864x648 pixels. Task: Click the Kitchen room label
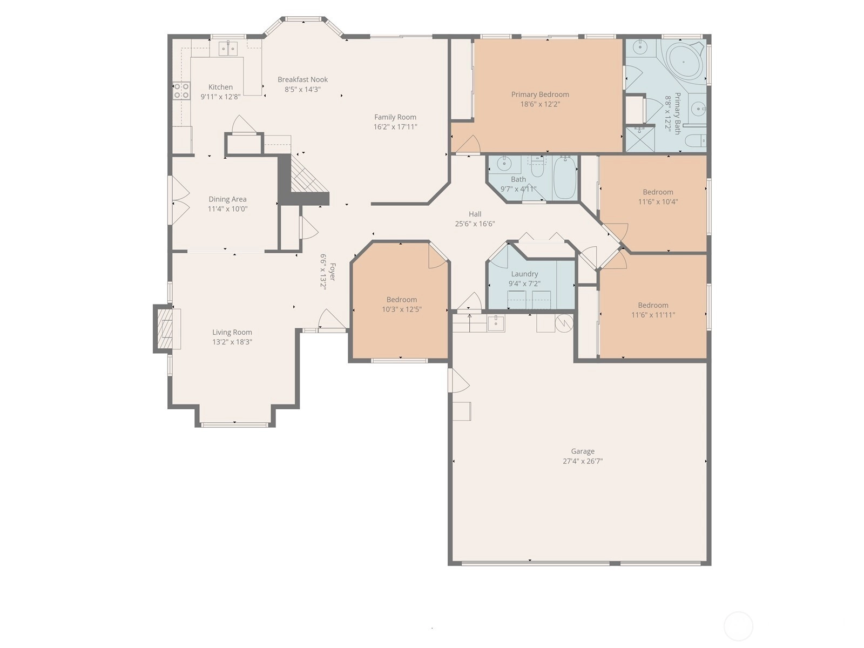(x=220, y=87)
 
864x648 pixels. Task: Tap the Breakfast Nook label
(x=303, y=79)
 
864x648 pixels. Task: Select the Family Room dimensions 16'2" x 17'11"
(x=395, y=127)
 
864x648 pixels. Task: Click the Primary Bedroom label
(x=540, y=94)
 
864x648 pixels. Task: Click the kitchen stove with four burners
(x=181, y=91)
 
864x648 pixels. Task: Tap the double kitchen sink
(x=228, y=49)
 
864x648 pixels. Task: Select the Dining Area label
(x=227, y=199)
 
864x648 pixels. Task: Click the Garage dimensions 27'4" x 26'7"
(x=583, y=461)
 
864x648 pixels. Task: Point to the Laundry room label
(x=524, y=274)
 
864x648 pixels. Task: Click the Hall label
(x=475, y=214)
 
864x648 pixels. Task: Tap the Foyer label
(x=332, y=272)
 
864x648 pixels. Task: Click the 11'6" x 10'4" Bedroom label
(x=658, y=192)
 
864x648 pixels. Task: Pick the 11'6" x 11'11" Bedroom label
(x=653, y=305)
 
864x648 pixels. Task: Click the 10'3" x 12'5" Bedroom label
(x=402, y=299)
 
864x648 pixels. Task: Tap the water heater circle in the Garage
(x=564, y=323)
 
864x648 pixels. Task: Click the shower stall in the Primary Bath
(x=640, y=138)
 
